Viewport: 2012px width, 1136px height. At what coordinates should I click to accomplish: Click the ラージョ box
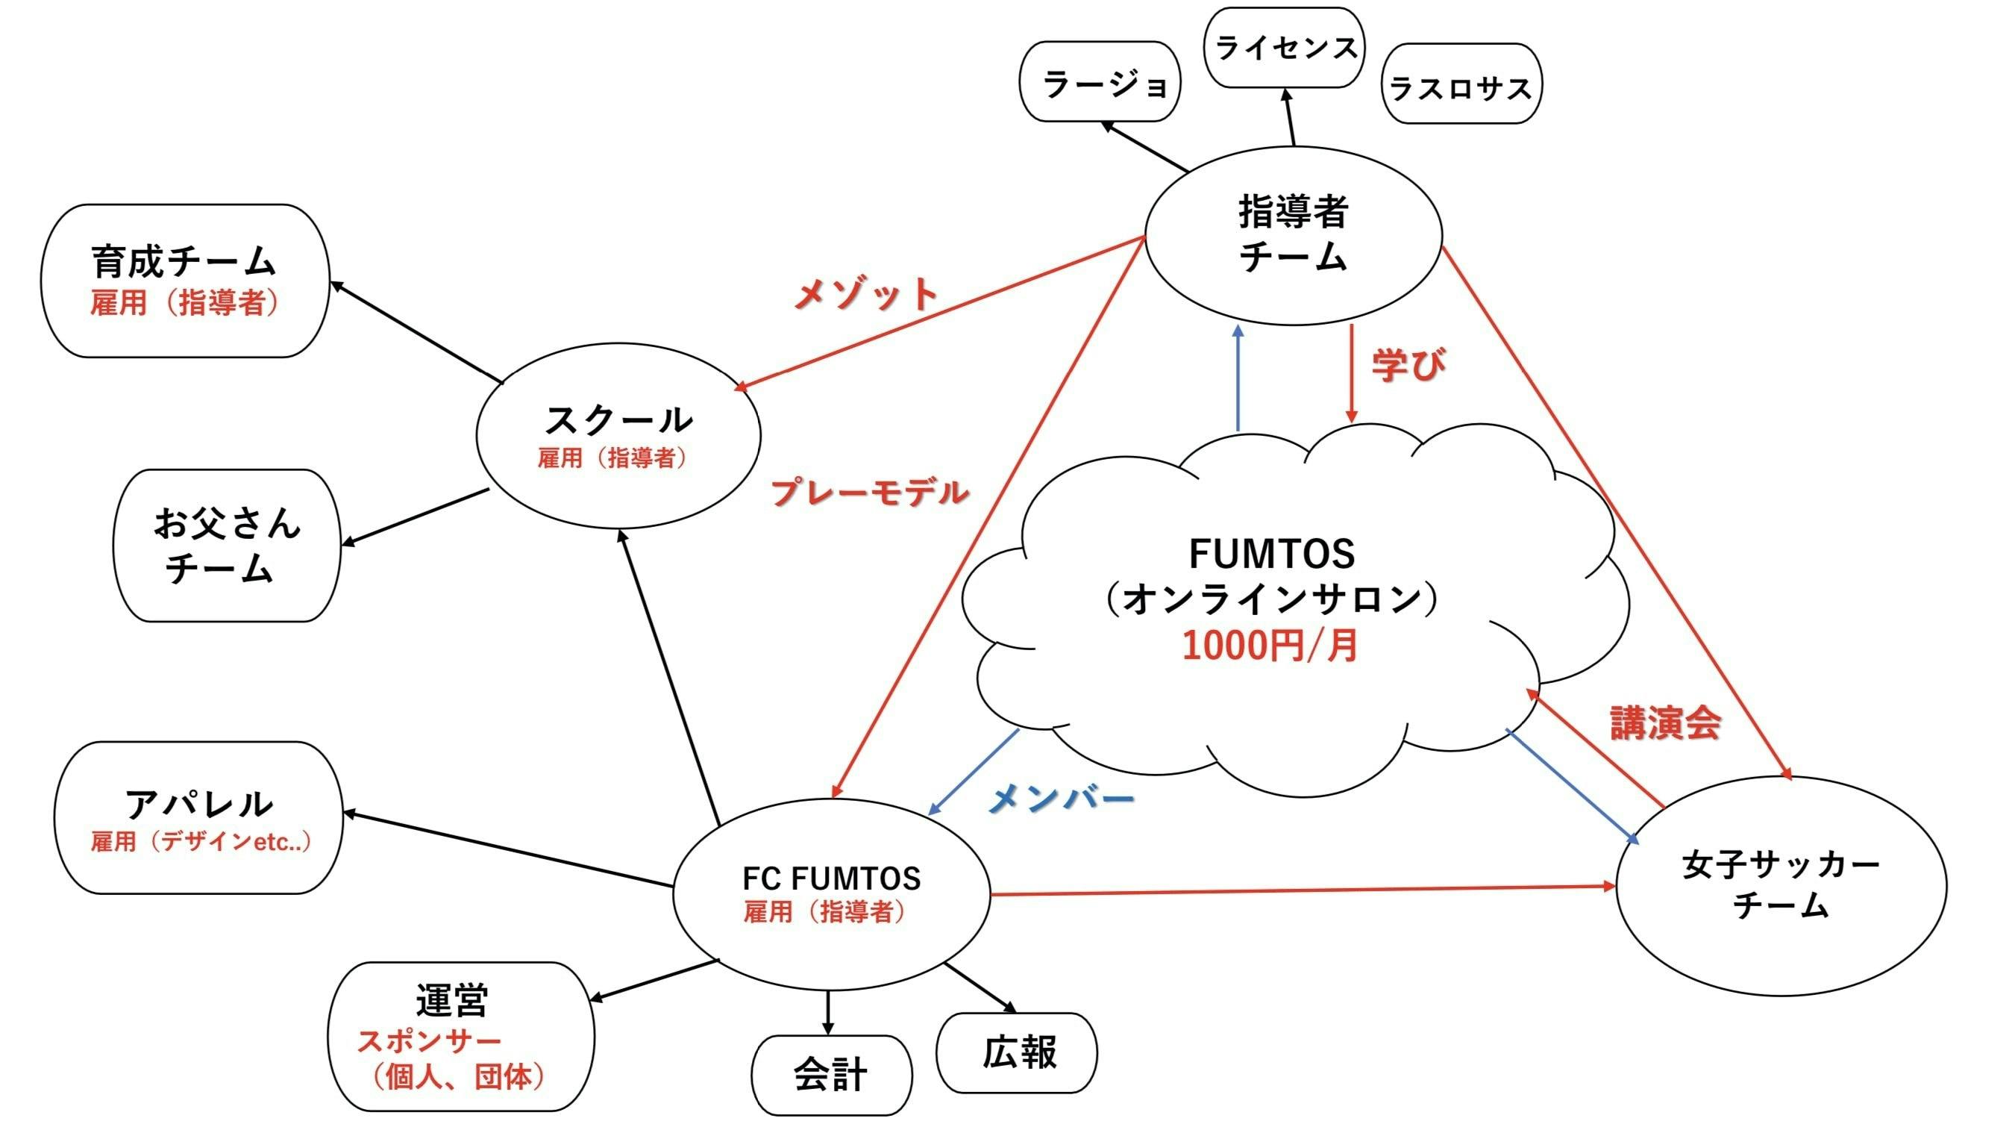[x=1100, y=82]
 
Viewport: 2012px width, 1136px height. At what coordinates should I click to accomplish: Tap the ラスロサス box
[x=1461, y=84]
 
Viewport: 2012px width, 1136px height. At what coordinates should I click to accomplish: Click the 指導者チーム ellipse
[x=1293, y=234]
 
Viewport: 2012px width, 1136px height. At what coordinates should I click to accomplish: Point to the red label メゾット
[x=865, y=294]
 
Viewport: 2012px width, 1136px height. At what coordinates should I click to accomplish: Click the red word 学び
[x=1408, y=365]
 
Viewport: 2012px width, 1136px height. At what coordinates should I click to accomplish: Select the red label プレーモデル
[x=869, y=492]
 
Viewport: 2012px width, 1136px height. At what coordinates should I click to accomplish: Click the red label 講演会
[x=1665, y=723]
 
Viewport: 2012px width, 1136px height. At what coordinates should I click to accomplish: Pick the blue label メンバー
[x=1061, y=798]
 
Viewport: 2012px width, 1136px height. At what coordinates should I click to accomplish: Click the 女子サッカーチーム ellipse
[x=1781, y=885]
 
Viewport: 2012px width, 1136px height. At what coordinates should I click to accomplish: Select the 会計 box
[x=831, y=1075]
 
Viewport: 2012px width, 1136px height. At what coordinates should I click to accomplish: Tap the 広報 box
[x=1017, y=1052]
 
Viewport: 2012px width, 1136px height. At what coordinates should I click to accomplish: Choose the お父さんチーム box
[x=227, y=546]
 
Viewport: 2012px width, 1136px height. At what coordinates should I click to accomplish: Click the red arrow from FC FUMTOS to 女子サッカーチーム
[x=1297, y=890]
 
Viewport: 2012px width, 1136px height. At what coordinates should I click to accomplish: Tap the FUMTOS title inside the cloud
[x=1271, y=554]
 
